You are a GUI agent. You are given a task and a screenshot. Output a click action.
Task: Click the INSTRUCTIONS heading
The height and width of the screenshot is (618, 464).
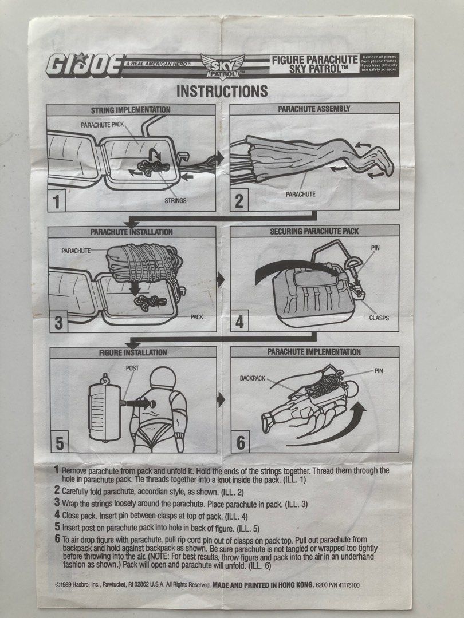click(222, 91)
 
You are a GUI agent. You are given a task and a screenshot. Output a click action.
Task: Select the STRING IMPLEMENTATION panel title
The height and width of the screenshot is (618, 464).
click(131, 109)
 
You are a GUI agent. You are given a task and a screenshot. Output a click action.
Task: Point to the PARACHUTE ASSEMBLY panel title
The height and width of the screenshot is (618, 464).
click(314, 109)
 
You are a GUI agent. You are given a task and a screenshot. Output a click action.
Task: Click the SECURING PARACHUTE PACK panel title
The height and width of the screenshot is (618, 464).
click(314, 231)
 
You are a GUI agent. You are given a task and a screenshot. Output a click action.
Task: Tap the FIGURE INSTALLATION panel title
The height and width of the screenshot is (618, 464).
click(132, 352)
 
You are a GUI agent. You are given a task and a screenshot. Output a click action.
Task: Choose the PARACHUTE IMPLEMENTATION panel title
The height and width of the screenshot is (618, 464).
click(314, 352)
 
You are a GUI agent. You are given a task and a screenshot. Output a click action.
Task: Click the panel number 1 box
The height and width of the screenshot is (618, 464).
click(57, 201)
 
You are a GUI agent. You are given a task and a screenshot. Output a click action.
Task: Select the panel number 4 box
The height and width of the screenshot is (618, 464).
click(239, 322)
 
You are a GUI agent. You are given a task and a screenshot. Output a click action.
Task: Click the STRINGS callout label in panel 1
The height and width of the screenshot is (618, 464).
click(175, 201)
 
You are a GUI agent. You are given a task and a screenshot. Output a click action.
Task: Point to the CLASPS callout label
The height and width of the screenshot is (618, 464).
click(379, 317)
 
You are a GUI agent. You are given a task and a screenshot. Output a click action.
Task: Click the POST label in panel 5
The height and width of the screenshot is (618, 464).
click(132, 368)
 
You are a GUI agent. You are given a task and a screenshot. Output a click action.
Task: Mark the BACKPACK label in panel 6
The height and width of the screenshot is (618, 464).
click(253, 379)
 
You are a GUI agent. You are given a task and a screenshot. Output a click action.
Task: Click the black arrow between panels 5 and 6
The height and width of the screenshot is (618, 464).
click(221, 399)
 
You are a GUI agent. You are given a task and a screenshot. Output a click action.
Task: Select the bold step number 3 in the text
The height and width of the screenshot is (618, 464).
click(57, 502)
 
